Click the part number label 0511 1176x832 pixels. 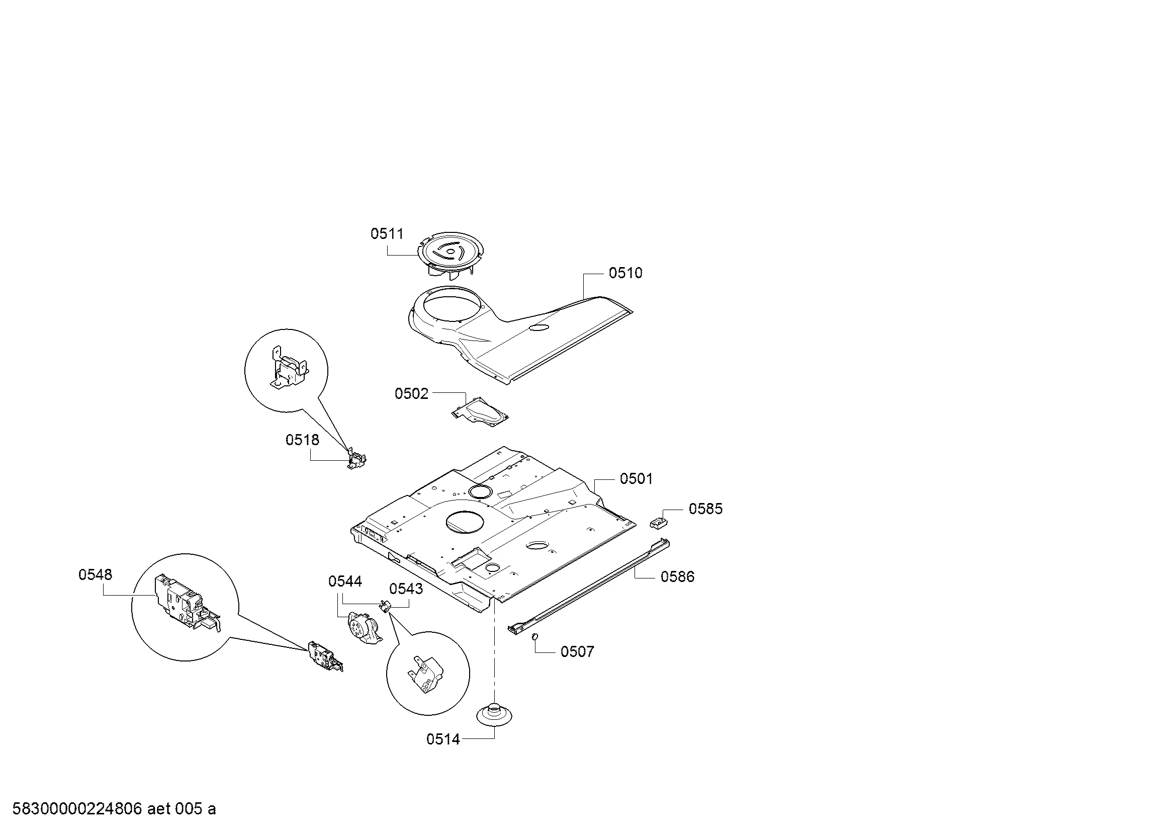(387, 234)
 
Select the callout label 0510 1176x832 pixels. (625, 273)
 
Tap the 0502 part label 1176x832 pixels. (411, 394)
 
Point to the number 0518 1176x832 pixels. (302, 440)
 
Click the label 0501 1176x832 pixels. (636, 479)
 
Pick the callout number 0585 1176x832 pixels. (705, 509)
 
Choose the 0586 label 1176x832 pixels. (677, 577)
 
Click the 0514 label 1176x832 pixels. (443, 739)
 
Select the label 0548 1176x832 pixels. (95, 575)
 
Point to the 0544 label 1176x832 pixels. (345, 581)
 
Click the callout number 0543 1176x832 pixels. (406, 589)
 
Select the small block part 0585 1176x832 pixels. (659, 523)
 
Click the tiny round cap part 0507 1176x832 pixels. (534, 636)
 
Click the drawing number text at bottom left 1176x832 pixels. (114, 809)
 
